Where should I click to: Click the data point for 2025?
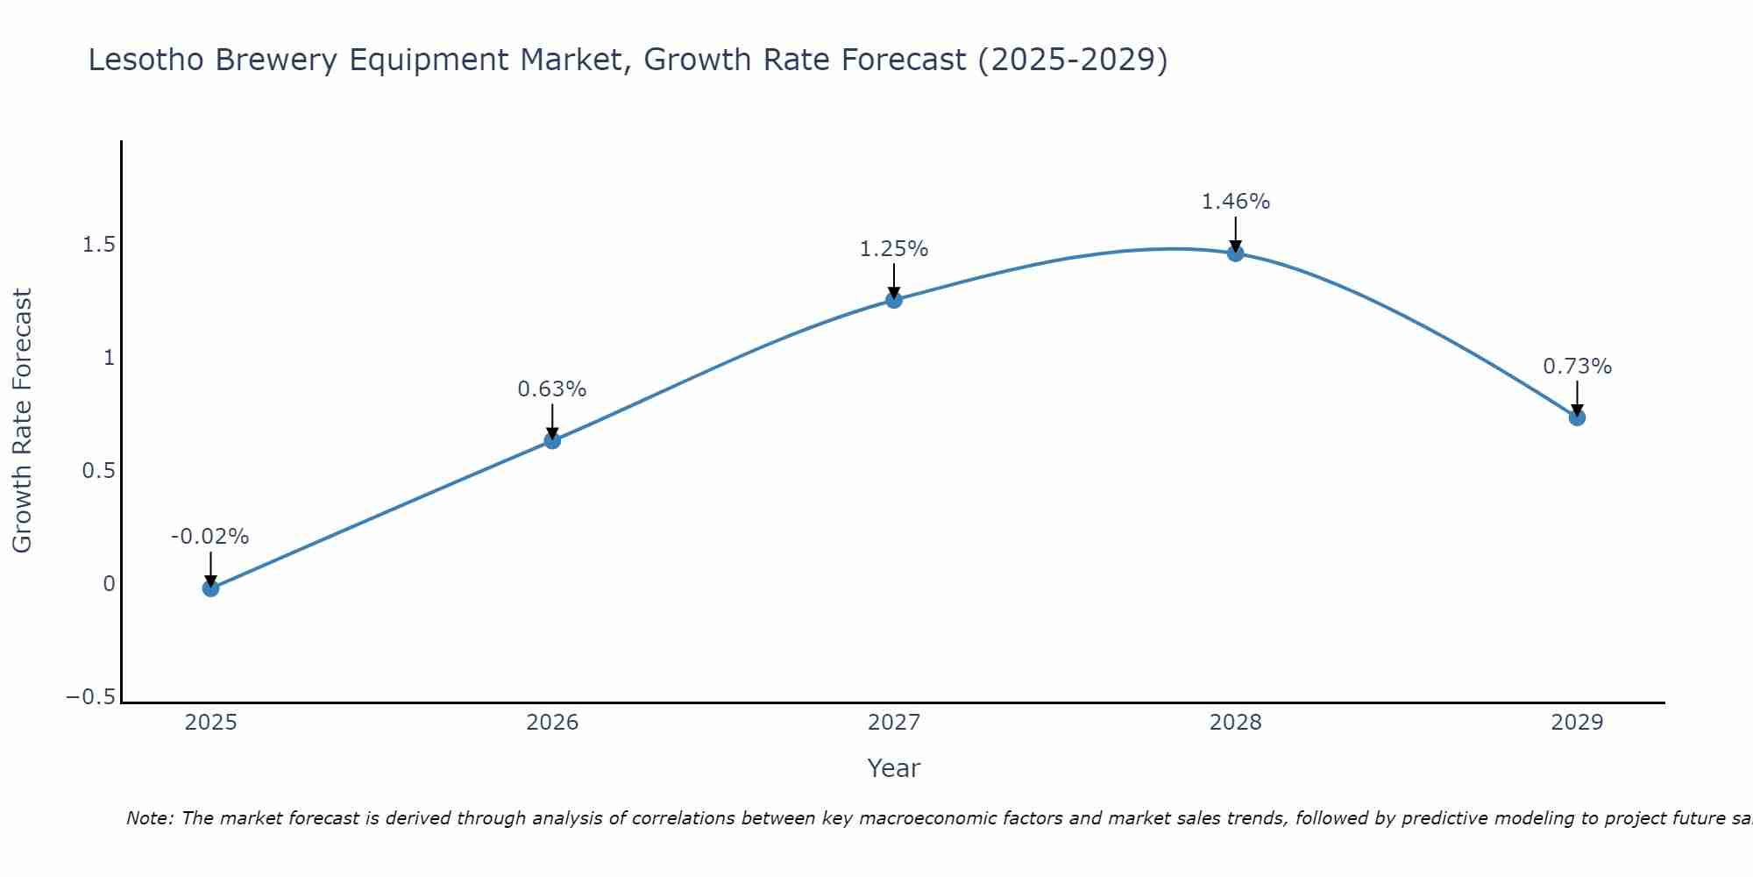(210, 588)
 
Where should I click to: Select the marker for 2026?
(552, 440)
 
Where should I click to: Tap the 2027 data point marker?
(894, 300)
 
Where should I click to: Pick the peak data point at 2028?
(1236, 253)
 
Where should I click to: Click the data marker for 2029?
(1577, 417)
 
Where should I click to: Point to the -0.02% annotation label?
(210, 537)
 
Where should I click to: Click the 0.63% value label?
(552, 389)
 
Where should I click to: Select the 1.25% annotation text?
(894, 249)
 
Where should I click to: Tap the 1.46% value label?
(1236, 202)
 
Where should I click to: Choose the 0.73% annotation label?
(1577, 367)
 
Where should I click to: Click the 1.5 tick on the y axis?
(98, 245)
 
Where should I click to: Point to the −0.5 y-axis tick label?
(90, 697)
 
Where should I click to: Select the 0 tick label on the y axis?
(109, 584)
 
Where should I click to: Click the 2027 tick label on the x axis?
(894, 723)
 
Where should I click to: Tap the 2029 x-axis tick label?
(1577, 723)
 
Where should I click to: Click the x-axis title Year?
(894, 768)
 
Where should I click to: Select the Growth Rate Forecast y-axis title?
(23, 421)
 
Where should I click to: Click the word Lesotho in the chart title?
(146, 61)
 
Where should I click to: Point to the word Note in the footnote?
(148, 818)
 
